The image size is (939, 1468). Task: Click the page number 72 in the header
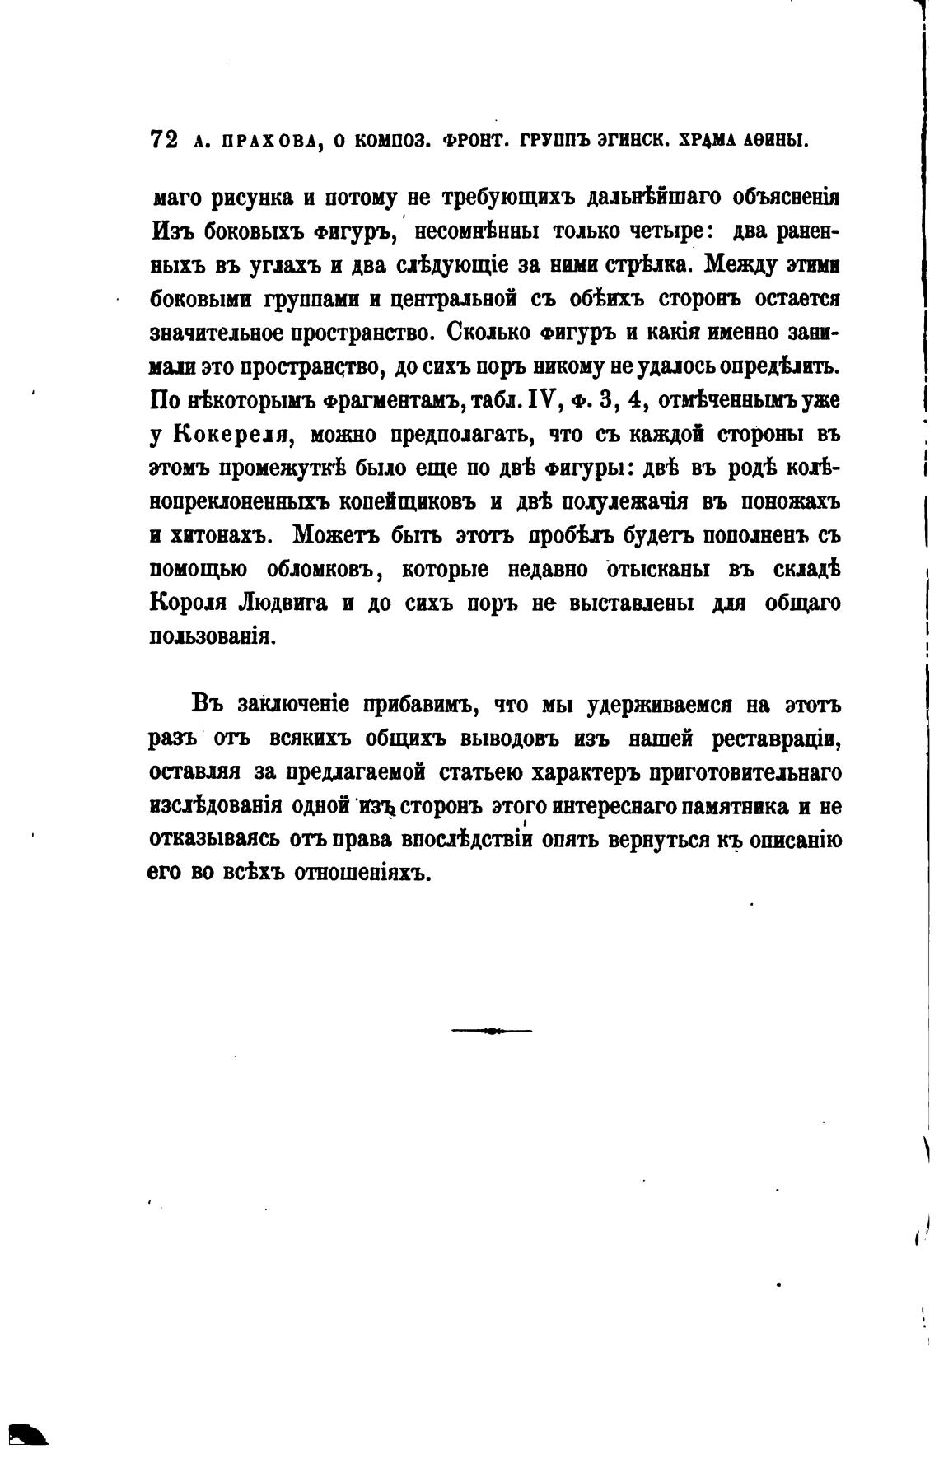163,139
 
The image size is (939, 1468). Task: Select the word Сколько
483,333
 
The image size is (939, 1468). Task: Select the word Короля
188,604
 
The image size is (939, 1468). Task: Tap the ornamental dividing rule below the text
492,1030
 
